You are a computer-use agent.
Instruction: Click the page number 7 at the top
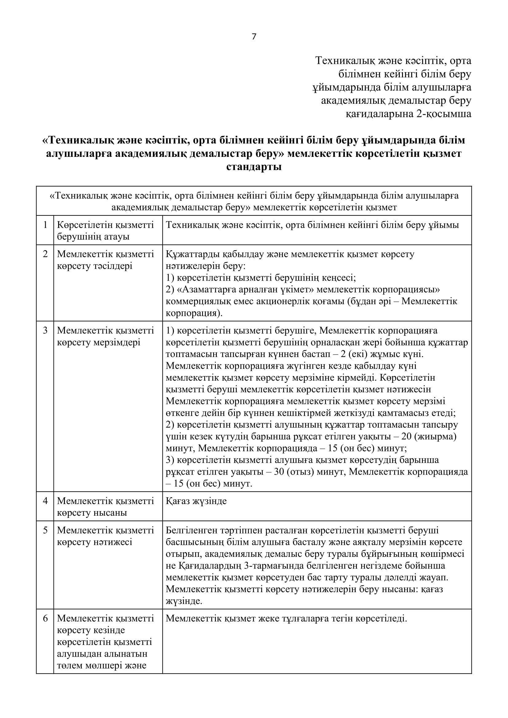click(x=254, y=37)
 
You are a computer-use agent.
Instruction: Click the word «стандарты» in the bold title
click(x=254, y=167)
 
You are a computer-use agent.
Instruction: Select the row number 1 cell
click(x=45, y=225)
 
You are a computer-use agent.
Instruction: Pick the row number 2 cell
click(x=45, y=254)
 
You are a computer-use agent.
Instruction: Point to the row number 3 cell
click(x=45, y=331)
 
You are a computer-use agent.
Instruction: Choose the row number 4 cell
click(x=45, y=501)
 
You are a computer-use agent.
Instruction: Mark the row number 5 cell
click(x=45, y=531)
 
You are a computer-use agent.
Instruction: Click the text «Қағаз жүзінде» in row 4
click(x=196, y=501)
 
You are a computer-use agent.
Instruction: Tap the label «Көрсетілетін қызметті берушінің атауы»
click(x=105, y=231)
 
